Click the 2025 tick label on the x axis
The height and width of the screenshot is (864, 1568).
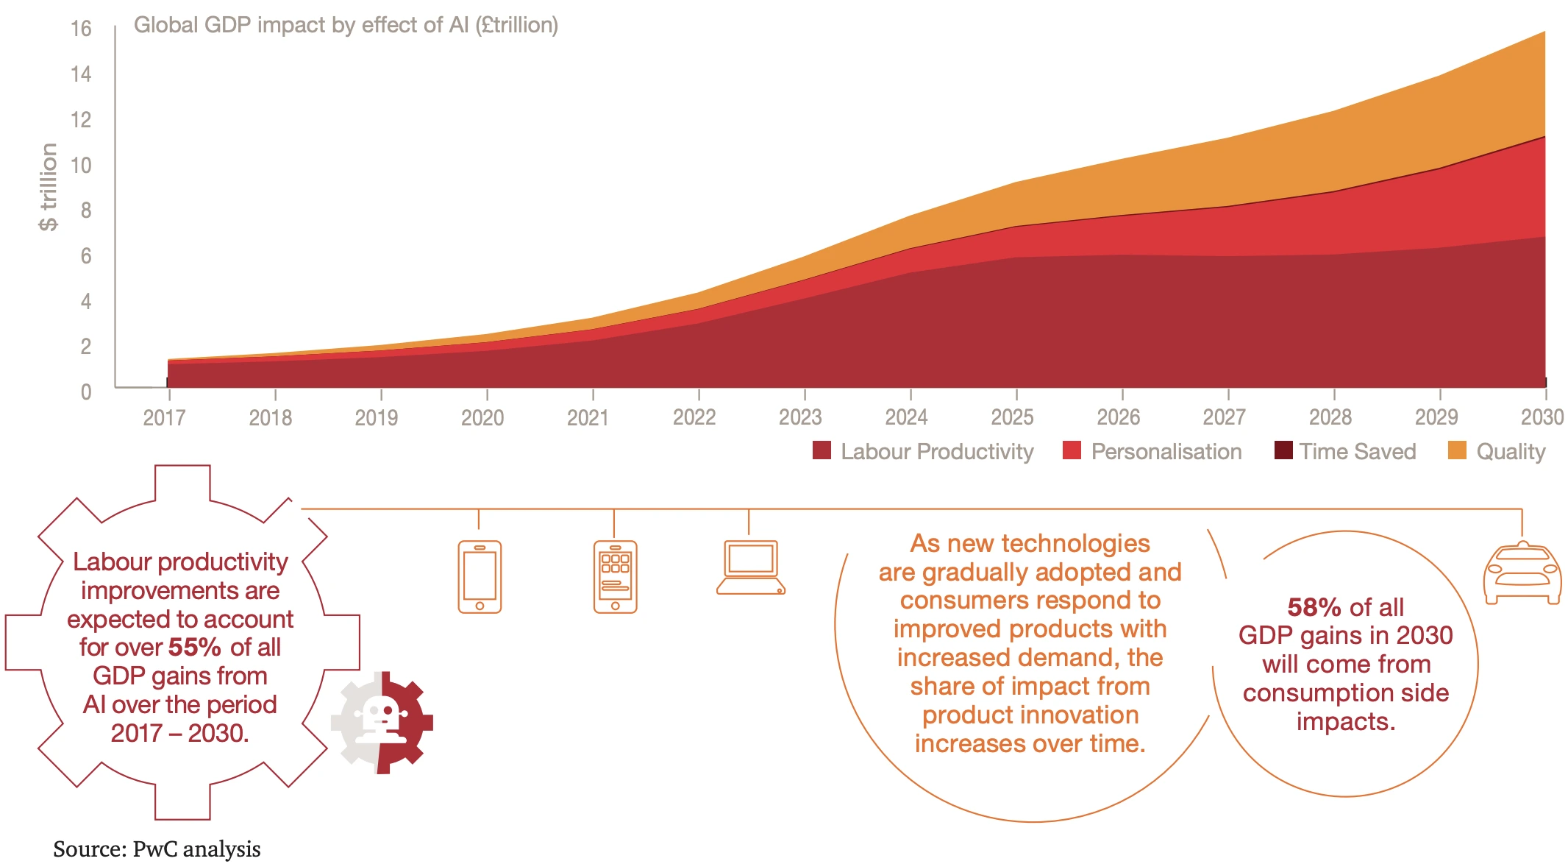point(1012,417)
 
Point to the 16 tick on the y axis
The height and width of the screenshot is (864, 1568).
point(81,29)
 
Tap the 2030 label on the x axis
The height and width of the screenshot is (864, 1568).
point(1542,417)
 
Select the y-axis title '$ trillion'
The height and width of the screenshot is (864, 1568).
point(49,187)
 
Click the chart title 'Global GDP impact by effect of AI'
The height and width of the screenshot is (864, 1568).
point(346,25)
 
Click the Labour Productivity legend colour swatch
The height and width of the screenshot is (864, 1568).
point(822,450)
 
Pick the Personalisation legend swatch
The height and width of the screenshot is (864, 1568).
point(1072,450)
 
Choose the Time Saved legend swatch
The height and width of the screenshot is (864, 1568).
point(1283,450)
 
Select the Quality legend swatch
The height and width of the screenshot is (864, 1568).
point(1456,450)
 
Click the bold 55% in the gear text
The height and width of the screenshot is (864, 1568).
point(194,648)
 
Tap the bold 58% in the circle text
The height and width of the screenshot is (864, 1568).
point(1314,608)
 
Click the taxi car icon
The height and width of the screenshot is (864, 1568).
point(1522,573)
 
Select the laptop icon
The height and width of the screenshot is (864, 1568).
point(750,567)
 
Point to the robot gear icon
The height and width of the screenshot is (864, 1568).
point(382,722)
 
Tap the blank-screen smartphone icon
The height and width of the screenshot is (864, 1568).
point(480,577)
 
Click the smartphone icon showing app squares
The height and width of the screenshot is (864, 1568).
point(615,577)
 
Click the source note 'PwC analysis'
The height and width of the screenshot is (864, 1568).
point(196,849)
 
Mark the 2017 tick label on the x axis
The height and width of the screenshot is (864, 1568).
point(164,418)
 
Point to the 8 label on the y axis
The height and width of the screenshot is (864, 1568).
point(86,210)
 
